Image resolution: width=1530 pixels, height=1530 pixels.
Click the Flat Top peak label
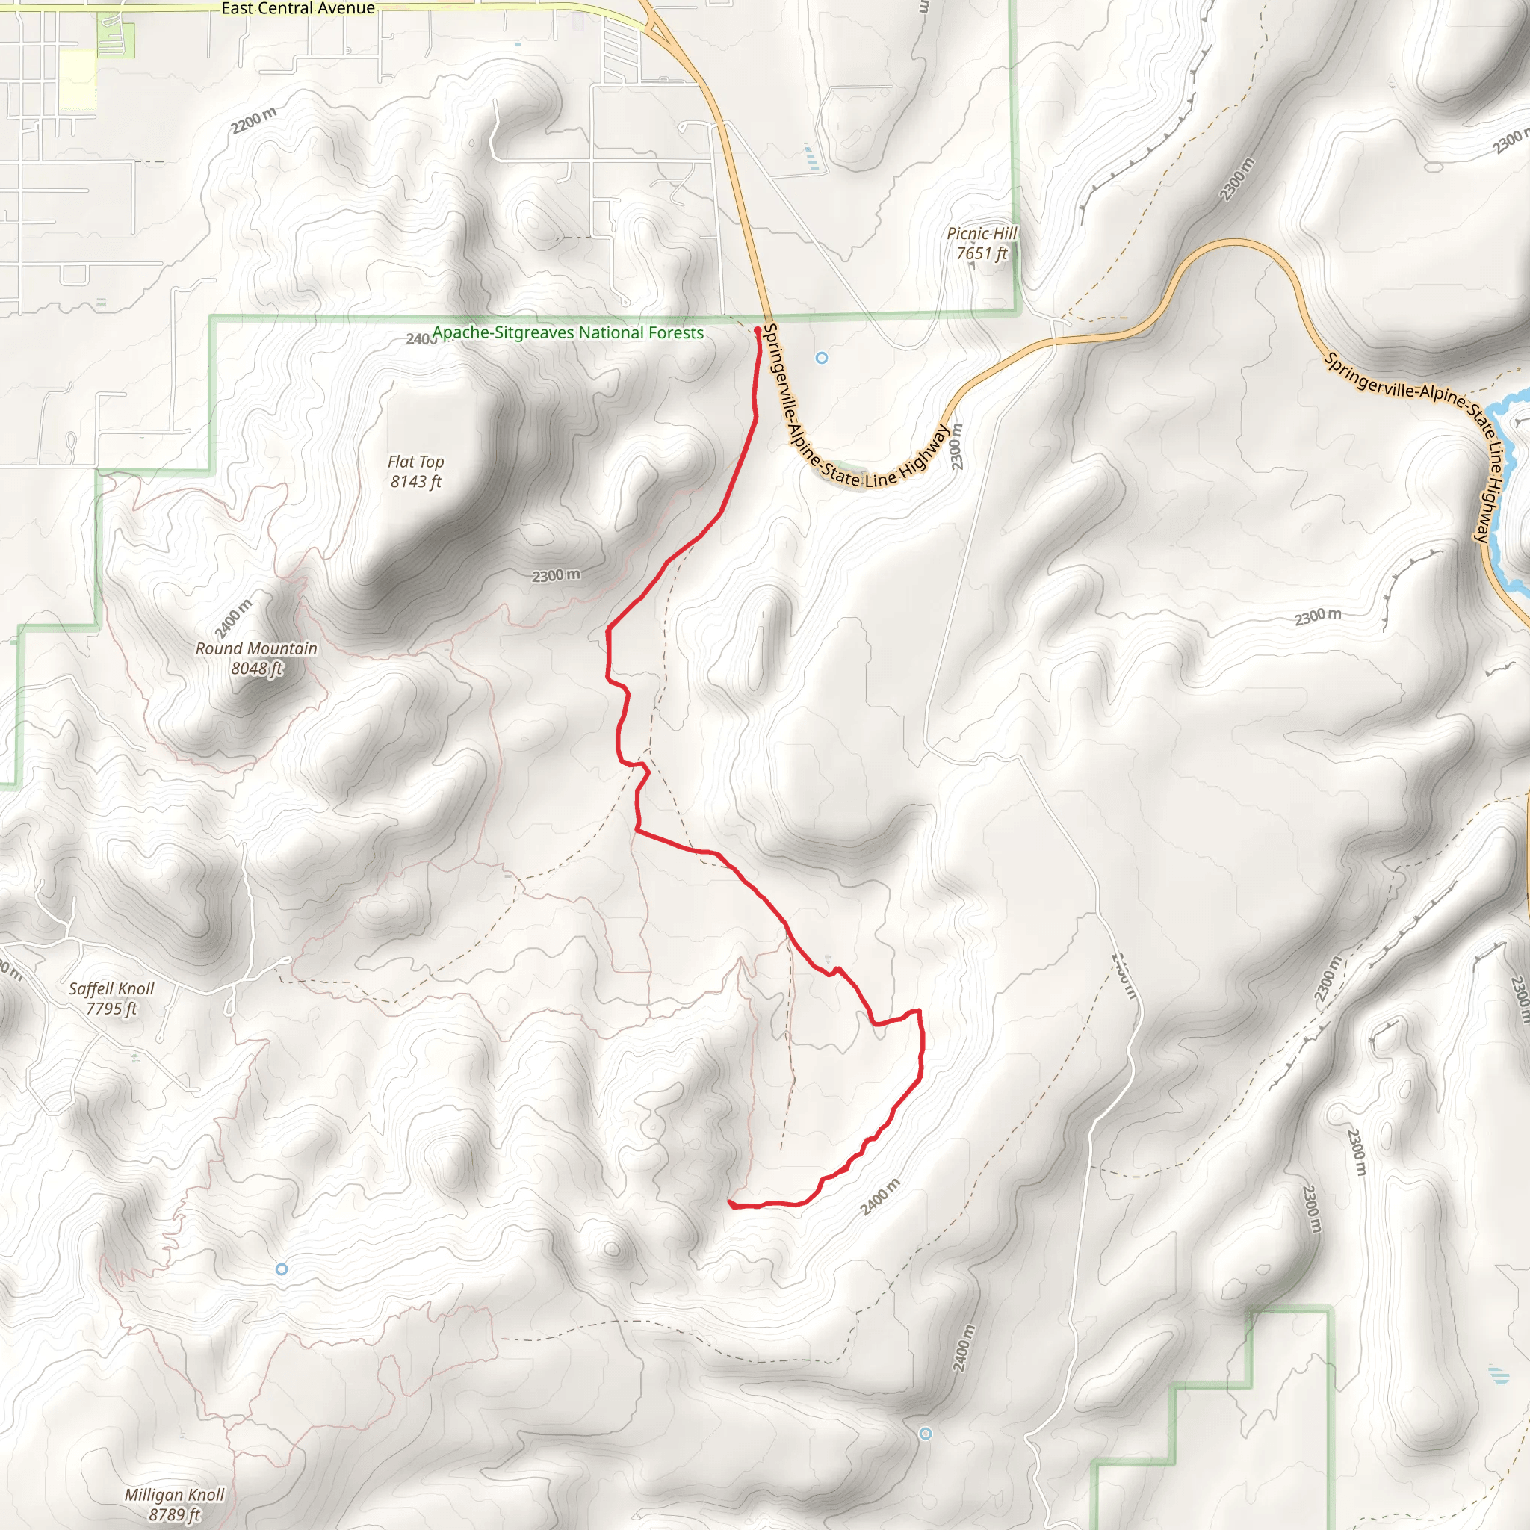coord(416,462)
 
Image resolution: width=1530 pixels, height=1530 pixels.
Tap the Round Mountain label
coord(255,648)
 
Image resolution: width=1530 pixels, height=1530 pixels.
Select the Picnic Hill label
coord(981,234)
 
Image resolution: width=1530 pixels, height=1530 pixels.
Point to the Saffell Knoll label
coord(111,988)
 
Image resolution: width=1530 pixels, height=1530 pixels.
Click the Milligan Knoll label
coord(174,1494)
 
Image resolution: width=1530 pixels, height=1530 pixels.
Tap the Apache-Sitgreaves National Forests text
coord(568,332)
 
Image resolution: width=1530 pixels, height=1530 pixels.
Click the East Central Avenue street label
coord(298,9)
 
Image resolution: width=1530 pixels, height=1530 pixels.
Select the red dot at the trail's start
coord(757,330)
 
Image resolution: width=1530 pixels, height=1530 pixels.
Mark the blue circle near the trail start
coord(821,358)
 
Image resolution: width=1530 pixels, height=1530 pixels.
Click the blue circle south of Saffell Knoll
coord(281,1269)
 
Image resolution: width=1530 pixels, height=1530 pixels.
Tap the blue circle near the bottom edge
coord(925,1434)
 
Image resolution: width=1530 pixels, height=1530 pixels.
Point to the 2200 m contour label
coord(254,120)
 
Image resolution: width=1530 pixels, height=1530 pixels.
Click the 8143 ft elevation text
coord(416,482)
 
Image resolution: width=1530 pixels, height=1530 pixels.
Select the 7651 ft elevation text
coord(981,253)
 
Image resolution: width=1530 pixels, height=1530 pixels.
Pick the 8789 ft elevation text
coord(174,1514)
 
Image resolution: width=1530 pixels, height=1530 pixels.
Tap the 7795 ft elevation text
coord(111,1008)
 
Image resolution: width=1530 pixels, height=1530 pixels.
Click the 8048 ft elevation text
coord(255,669)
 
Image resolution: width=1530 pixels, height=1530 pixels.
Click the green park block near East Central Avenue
coord(116,40)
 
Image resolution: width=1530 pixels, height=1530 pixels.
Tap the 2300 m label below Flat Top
coord(556,576)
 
